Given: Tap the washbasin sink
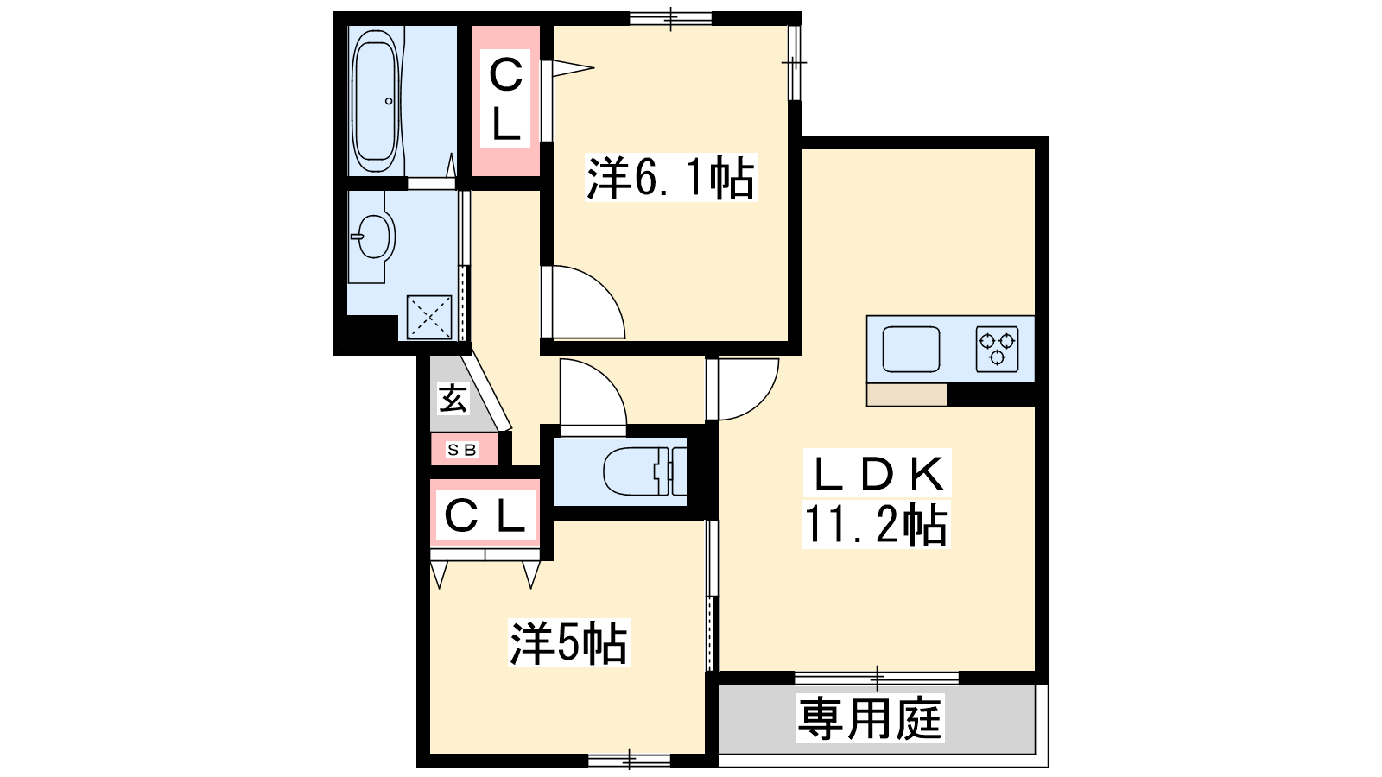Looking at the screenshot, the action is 372,237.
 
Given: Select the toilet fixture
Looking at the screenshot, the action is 644,471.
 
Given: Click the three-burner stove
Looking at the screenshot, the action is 997,349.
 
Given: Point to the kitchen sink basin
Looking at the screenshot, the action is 911,349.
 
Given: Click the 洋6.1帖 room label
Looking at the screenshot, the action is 670,178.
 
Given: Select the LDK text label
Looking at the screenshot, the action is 878,474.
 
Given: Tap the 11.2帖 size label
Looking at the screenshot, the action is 876,525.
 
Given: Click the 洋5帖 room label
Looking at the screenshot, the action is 569,642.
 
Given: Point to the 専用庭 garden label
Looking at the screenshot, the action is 870,718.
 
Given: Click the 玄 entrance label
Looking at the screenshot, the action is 453,398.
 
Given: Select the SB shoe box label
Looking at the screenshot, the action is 462,450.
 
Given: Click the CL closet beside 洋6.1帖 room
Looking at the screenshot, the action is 505,100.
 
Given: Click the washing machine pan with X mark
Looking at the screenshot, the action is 429,317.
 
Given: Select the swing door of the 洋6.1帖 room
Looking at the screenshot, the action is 583,302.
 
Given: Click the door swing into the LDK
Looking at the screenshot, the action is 743,388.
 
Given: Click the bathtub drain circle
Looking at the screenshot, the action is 389,101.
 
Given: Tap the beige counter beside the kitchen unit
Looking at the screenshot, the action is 906,395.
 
